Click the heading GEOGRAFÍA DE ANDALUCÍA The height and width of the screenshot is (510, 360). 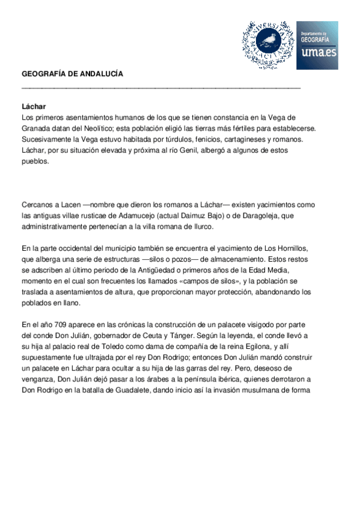coord(72,74)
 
